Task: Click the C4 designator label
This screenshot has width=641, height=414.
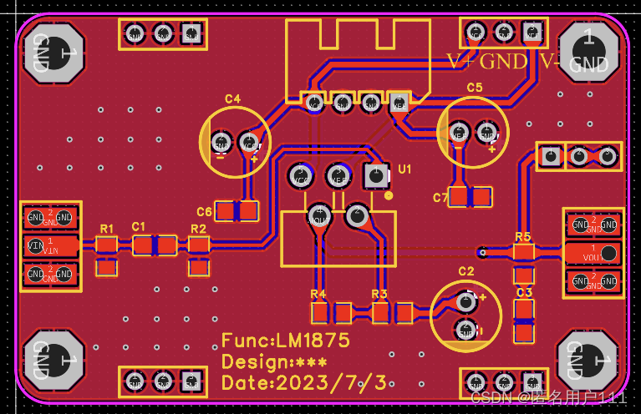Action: coord(232,99)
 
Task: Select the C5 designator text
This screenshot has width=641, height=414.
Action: coord(475,87)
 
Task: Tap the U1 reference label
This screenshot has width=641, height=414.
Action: coord(405,169)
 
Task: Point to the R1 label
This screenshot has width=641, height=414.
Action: coord(107,228)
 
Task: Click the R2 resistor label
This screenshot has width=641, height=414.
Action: coord(198,228)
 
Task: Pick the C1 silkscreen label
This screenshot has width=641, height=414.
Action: coord(139,226)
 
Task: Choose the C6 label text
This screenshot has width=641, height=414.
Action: coord(204,212)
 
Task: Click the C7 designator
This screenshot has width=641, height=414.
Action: coord(440,198)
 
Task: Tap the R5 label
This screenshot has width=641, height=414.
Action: coord(523,236)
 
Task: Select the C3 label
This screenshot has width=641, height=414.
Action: coord(524,293)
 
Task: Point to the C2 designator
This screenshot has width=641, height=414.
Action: coord(466,271)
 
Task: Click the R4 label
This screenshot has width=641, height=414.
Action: coord(318,294)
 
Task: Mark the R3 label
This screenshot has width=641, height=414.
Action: coord(379,294)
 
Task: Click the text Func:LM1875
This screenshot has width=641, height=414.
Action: coord(285,341)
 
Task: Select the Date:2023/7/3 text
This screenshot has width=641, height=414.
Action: coord(303,383)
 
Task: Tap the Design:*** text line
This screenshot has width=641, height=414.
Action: coord(274,362)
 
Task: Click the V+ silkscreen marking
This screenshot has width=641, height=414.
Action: coord(461,61)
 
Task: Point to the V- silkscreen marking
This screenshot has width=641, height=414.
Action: coord(549,61)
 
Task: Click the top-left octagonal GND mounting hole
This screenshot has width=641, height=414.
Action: coord(53,53)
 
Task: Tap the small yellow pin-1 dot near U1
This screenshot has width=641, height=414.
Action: coord(389,196)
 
